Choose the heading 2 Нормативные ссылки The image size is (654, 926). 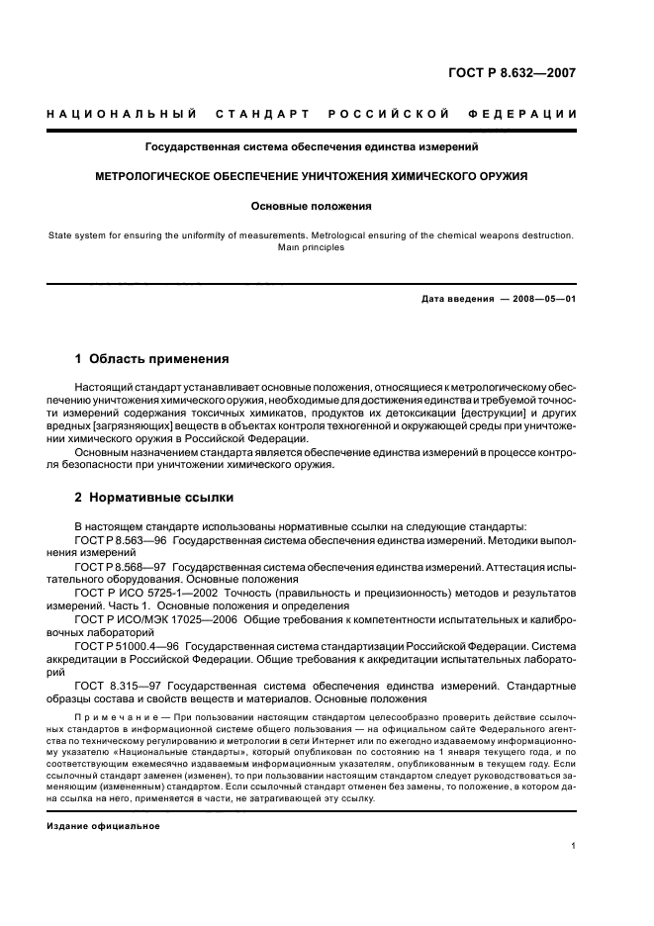tap(154, 497)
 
